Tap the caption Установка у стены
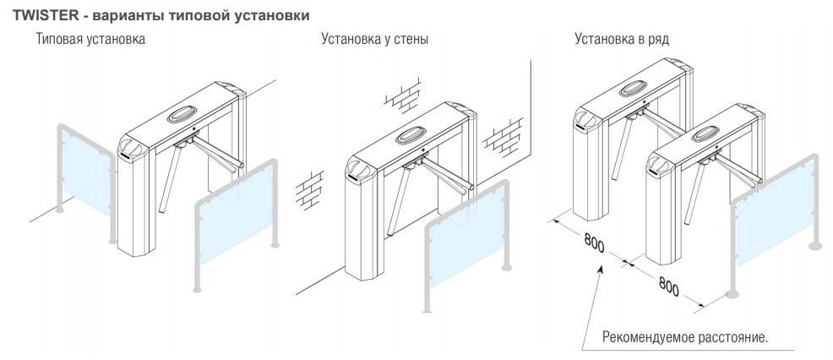(x=375, y=39)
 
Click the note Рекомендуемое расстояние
(x=685, y=337)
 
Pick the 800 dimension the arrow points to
(x=594, y=245)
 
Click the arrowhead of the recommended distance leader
(x=602, y=269)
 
